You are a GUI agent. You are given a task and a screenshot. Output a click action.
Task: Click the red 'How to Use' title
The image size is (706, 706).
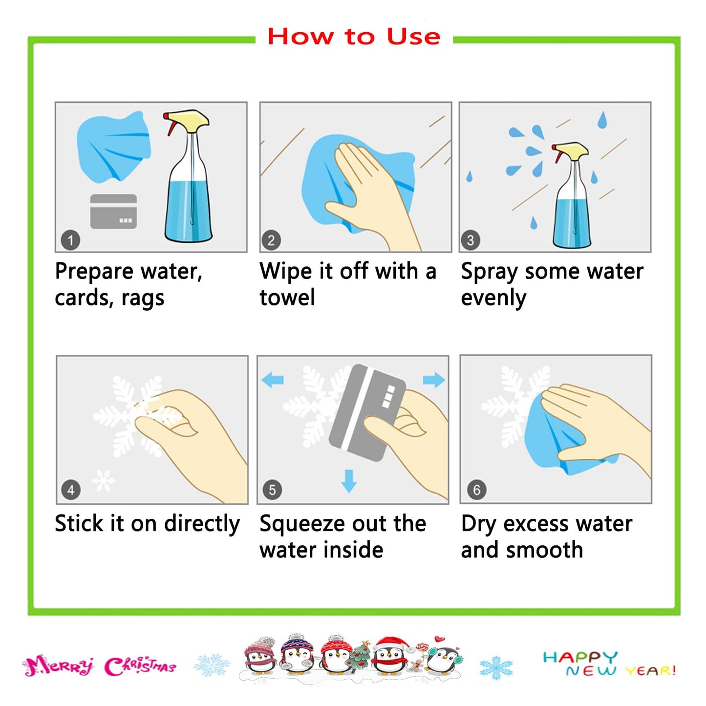354,37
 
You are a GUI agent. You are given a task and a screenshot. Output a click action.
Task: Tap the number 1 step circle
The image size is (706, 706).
70,240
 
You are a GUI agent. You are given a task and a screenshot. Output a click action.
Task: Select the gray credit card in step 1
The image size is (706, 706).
113,212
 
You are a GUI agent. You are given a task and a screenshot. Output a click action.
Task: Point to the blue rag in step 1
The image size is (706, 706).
114,147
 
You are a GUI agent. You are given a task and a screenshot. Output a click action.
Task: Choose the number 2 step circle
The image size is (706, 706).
271,240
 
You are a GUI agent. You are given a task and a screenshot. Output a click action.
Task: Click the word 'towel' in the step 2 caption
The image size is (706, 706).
287,297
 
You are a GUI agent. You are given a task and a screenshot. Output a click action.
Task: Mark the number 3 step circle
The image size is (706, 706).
471,240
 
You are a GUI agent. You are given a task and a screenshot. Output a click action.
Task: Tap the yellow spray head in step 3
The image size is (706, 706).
572,150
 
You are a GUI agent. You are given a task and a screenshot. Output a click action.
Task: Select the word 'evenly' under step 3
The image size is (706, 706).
493,298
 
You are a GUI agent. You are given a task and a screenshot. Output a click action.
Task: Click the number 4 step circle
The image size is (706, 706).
71,490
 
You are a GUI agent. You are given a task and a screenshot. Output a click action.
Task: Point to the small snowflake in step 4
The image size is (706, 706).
103,480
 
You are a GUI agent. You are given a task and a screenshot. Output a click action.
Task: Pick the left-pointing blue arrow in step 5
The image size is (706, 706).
273,380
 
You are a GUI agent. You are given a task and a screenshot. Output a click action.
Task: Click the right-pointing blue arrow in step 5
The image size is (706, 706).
434,379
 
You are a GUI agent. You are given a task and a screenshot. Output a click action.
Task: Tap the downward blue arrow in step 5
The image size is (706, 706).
349,481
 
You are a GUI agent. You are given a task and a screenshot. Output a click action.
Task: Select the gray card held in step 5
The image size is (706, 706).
367,413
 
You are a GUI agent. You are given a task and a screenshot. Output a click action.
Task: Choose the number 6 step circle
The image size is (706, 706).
477,490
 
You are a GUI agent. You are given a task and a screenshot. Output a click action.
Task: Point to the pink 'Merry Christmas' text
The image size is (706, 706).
99,667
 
